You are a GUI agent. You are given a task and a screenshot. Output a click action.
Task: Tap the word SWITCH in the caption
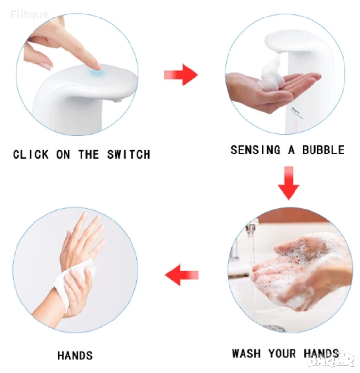pyautogui.click(x=129, y=154)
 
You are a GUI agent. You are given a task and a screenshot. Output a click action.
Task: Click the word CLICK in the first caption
pyautogui.click(x=31, y=154)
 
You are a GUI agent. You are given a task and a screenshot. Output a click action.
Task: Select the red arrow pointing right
pyautogui.click(x=181, y=75)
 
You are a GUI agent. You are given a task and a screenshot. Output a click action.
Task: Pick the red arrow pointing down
pyautogui.click(x=289, y=183)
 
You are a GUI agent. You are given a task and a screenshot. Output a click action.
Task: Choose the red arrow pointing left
pyautogui.click(x=182, y=275)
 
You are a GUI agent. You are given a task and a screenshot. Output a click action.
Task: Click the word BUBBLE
pyautogui.click(x=323, y=150)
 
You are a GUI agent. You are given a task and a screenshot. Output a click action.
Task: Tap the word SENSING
pyautogui.click(x=256, y=150)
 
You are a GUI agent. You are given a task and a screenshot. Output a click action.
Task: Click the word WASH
pyautogui.click(x=246, y=353)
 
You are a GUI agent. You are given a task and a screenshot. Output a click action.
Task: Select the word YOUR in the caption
pyautogui.click(x=282, y=353)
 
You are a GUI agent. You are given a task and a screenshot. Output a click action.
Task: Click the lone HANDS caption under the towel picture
pyautogui.click(x=75, y=356)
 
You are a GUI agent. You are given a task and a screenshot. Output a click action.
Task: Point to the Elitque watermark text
pyautogui.click(x=30, y=15)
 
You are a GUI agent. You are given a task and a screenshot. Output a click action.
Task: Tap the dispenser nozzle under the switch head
pyautogui.click(x=117, y=101)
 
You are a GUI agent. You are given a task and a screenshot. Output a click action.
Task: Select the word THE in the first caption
pyautogui.click(x=88, y=154)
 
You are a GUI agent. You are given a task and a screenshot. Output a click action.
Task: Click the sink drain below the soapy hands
pyautogui.click(x=275, y=328)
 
